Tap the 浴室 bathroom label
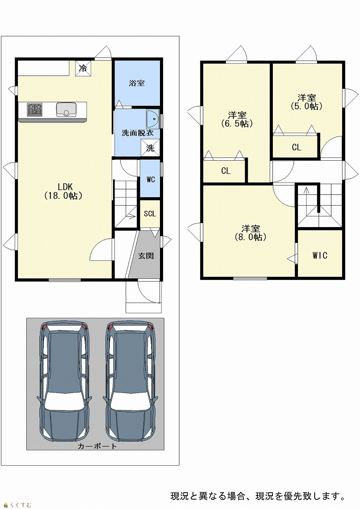pos(136,83)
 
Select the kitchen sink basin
pos(66,109)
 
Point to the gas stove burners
pos(35,109)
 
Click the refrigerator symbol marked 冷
pos(84,68)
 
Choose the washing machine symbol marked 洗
pos(150,148)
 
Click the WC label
pos(151,179)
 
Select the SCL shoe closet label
pos(150,214)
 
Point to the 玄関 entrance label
pos(146,256)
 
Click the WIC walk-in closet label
pos(320,255)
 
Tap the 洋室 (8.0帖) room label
pos(251,233)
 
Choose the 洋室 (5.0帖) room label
pos(307,102)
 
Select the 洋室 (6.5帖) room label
pos(237,119)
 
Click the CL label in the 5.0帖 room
pos(296,148)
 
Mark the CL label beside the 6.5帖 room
pos(226,171)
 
